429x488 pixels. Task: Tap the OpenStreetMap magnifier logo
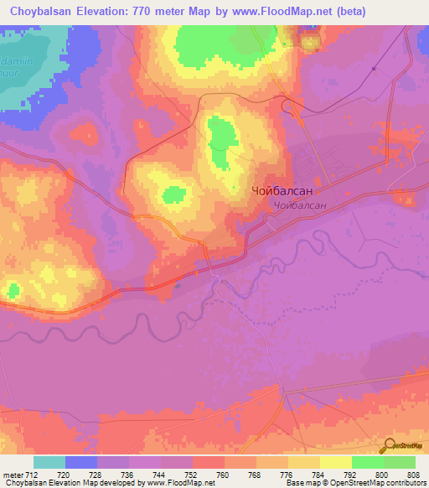(388, 447)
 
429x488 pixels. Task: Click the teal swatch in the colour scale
(49, 462)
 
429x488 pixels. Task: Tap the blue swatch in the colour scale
(81, 462)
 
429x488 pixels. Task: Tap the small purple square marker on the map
(373, 69)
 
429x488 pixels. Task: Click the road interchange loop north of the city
(288, 105)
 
